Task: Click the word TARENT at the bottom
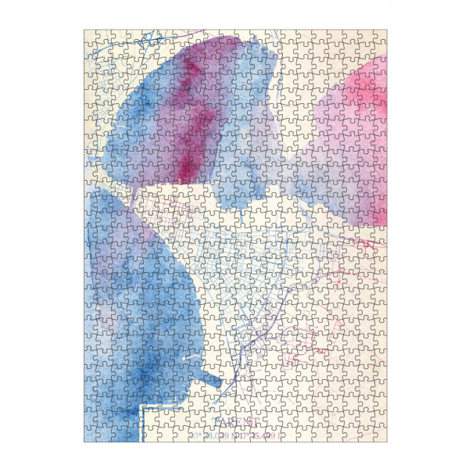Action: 234,422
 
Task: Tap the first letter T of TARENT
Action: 216,422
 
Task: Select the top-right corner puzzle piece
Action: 380,37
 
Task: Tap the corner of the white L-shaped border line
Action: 141,407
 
